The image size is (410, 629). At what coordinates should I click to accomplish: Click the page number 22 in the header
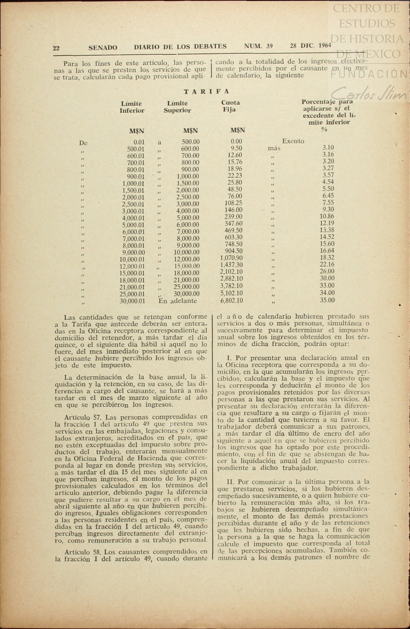click(56, 48)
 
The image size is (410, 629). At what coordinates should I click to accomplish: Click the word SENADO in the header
click(103, 48)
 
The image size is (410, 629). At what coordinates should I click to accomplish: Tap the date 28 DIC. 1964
click(310, 46)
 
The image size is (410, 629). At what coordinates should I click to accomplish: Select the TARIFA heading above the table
click(206, 91)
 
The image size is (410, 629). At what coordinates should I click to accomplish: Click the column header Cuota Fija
click(230, 106)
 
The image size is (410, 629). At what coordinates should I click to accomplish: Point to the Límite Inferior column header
click(132, 107)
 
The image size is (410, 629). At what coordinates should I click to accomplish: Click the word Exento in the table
click(293, 141)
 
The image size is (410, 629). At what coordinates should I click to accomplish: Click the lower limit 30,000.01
click(132, 301)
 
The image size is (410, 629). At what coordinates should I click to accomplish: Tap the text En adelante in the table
click(178, 301)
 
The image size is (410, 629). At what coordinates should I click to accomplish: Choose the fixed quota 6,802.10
click(232, 300)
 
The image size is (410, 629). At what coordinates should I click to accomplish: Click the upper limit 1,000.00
click(188, 176)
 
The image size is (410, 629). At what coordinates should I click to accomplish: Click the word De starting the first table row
click(83, 143)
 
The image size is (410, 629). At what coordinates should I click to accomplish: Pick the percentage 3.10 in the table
click(328, 148)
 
